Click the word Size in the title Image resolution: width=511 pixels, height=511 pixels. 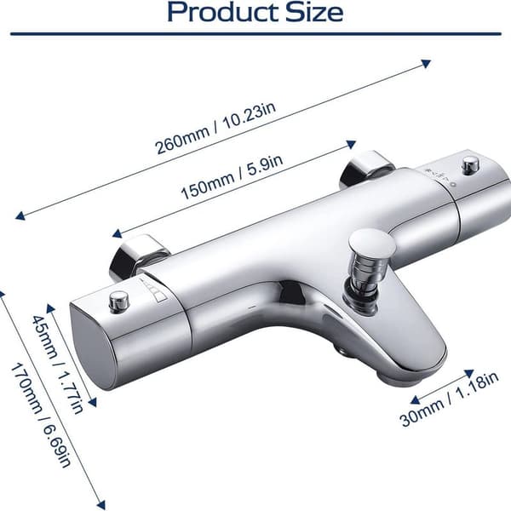coord(314,12)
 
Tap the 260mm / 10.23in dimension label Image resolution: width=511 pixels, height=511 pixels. coord(215,128)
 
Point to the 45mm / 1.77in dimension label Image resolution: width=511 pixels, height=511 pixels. coord(57,364)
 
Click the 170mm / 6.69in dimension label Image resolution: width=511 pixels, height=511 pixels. coord(40,416)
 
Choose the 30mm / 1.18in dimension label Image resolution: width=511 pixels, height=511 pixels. coord(449,399)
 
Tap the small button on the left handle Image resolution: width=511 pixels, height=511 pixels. coord(119,301)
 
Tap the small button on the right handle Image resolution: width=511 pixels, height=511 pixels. coord(471,164)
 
